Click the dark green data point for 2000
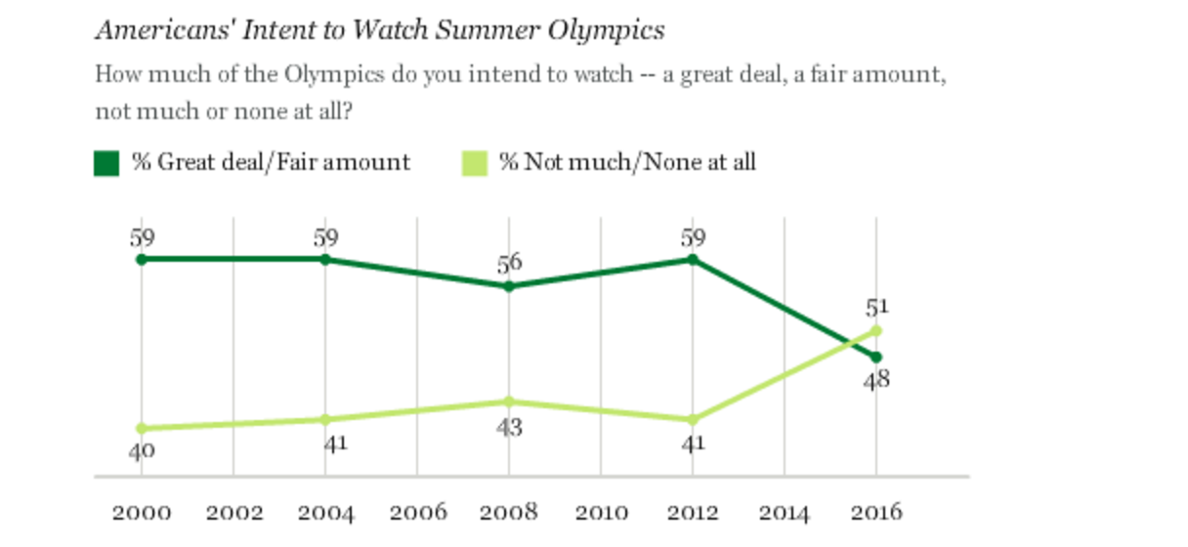click(x=142, y=259)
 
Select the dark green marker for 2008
click(x=509, y=286)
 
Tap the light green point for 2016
click(x=876, y=330)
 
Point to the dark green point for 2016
click(x=876, y=357)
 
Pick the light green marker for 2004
click(x=325, y=419)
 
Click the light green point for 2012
click(x=693, y=419)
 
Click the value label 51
click(x=876, y=308)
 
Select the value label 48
click(x=876, y=380)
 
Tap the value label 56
click(x=509, y=263)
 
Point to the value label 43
click(x=509, y=427)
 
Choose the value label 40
click(x=142, y=451)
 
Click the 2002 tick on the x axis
click(x=233, y=512)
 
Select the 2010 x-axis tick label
click(x=601, y=512)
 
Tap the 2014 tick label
click(x=785, y=512)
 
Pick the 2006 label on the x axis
click(x=417, y=512)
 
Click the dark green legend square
click(x=106, y=163)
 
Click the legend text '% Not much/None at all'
click(x=627, y=162)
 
